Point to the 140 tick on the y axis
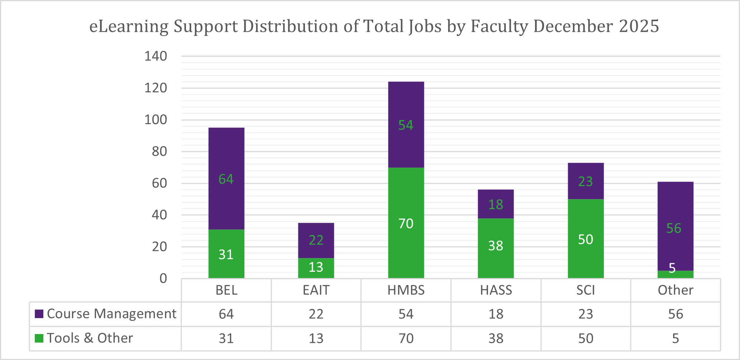(x=156, y=56)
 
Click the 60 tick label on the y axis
(x=159, y=183)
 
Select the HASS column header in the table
(x=496, y=290)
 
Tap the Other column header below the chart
(x=675, y=290)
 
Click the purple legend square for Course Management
(x=39, y=314)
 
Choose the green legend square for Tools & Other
(x=39, y=338)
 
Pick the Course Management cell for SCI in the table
(x=585, y=314)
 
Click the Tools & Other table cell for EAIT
(x=316, y=338)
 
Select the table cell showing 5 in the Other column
(x=675, y=338)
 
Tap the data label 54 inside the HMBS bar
(x=405, y=125)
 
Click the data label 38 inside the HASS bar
(x=495, y=245)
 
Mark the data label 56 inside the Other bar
(x=673, y=228)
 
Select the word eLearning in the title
(x=129, y=27)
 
